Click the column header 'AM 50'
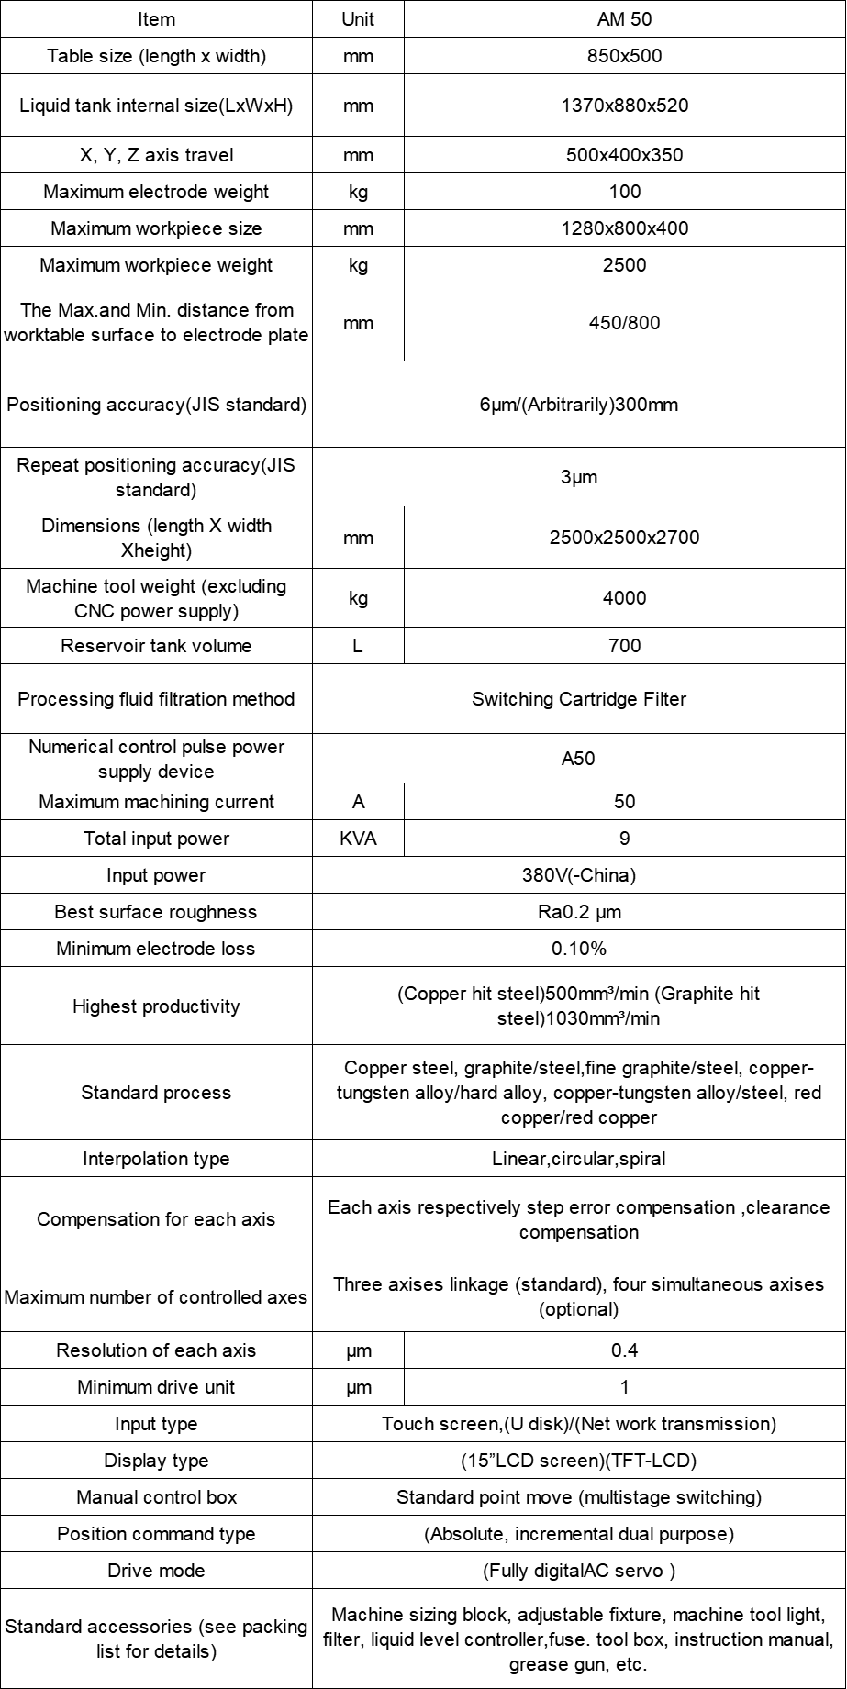[624, 19]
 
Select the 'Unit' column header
[358, 19]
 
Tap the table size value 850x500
[624, 56]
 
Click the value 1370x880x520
[624, 106]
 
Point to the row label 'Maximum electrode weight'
[156, 192]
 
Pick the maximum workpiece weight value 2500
[624, 265]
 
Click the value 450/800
[624, 323]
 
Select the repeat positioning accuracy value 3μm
[579, 477]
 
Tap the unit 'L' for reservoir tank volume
[358, 646]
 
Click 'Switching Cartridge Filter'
[579, 699]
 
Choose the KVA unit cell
[358, 839]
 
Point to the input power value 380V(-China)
[579, 875]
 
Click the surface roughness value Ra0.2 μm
[579, 912]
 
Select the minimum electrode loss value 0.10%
[579, 949]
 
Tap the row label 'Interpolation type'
[156, 1159]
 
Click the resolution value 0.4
[624, 1350]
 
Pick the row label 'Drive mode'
[156, 1571]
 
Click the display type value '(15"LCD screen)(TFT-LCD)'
[579, 1461]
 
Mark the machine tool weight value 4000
[624, 598]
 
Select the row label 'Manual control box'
[156, 1497]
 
